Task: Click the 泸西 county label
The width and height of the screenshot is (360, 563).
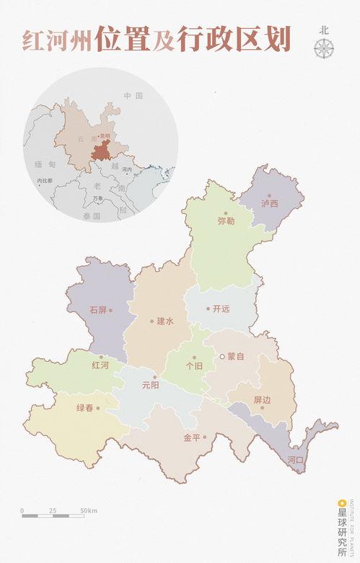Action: tap(270, 204)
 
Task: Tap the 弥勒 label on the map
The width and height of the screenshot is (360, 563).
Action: tap(226, 221)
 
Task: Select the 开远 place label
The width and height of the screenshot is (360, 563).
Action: tap(221, 309)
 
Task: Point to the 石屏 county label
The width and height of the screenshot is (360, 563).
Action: tap(98, 310)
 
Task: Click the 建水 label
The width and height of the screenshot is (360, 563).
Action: tap(165, 322)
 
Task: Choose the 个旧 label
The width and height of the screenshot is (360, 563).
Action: tap(194, 365)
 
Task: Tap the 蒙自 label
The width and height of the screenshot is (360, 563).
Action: tap(236, 356)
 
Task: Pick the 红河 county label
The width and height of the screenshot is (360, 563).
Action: tap(100, 365)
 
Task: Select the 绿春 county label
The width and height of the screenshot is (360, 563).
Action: tap(84, 408)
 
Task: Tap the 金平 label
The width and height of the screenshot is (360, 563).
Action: tap(191, 437)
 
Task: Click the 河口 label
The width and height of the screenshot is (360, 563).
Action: tap(295, 459)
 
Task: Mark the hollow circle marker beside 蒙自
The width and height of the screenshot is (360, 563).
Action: tap(222, 356)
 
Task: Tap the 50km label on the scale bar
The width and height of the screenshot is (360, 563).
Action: tap(89, 510)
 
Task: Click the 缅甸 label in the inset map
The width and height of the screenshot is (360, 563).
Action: tap(44, 165)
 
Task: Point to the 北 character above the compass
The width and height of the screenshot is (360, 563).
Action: tap(324, 30)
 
